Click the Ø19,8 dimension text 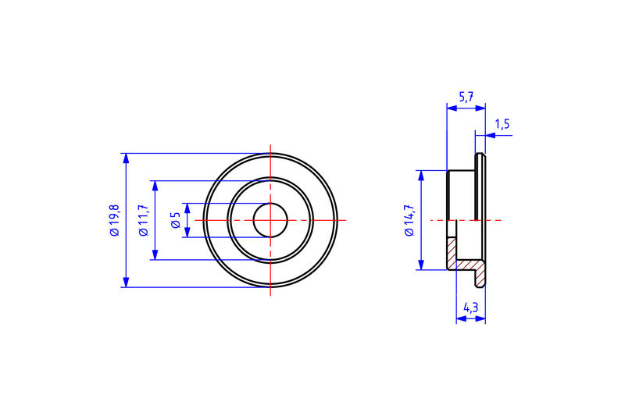coord(114,220)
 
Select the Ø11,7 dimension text coord(143,220)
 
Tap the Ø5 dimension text coord(176,220)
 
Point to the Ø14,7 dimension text coord(409,220)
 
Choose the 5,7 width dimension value coord(466,97)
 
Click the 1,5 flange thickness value coord(502,124)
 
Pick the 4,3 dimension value coord(470,308)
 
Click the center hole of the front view coord(270,220)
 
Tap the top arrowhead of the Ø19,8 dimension coord(125,158)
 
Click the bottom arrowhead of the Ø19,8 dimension coord(125,283)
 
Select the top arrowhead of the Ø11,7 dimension coord(155,186)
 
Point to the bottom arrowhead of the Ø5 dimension coord(187,233)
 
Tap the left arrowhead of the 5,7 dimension coord(450,108)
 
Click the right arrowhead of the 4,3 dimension coord(481,318)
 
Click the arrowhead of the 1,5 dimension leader coord(489,135)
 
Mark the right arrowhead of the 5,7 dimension coord(481,108)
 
